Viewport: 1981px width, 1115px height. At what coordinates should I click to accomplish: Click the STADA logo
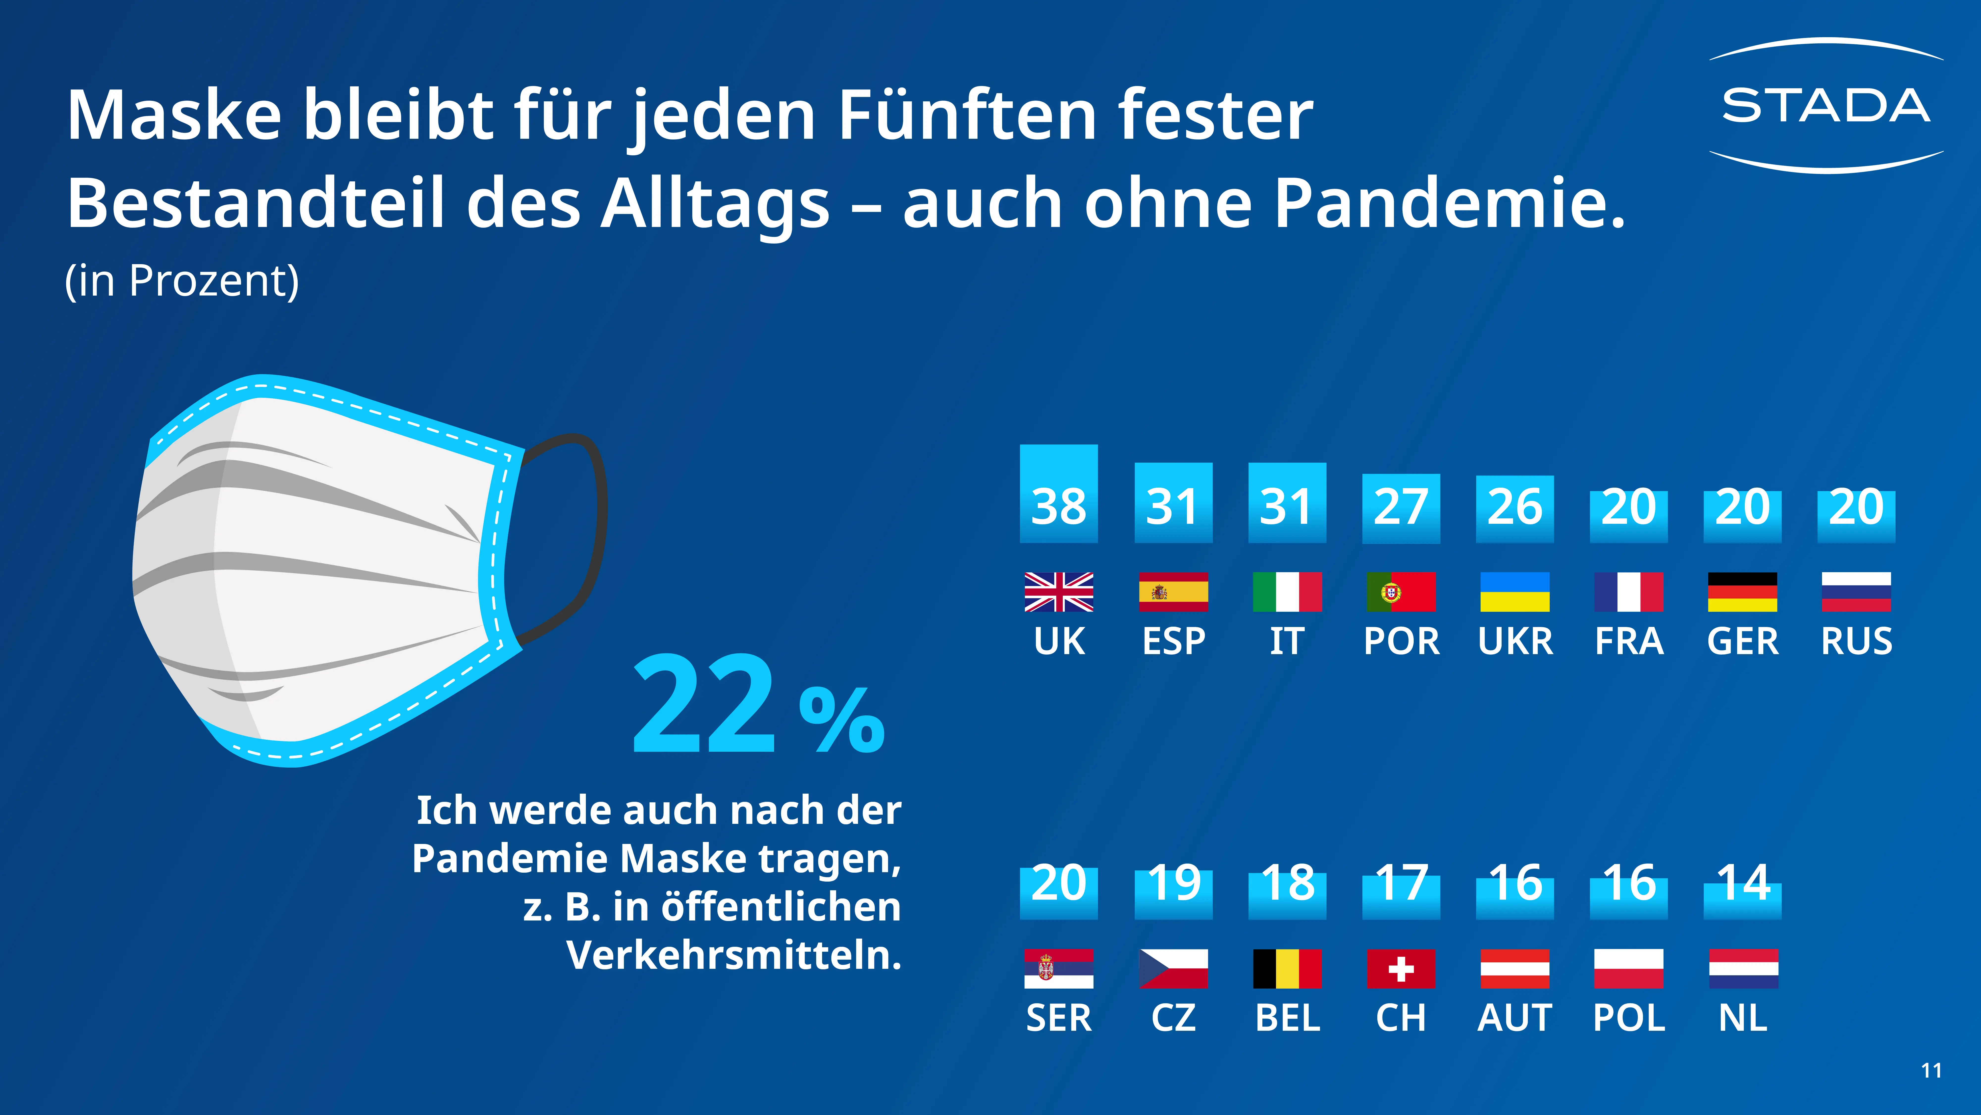coord(1826,105)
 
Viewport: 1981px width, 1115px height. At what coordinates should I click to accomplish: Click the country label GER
coord(1743,641)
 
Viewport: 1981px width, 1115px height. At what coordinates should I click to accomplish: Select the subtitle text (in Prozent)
coord(182,281)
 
